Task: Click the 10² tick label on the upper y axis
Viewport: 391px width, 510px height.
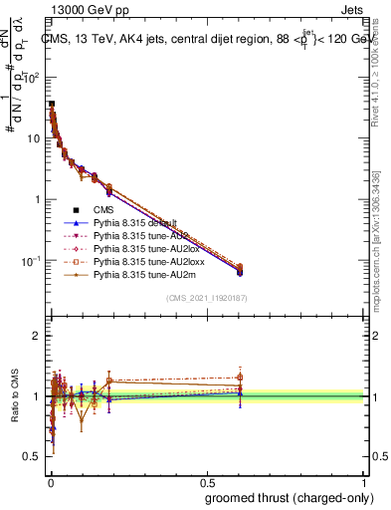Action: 33,77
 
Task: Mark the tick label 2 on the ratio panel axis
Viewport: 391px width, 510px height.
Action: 37,337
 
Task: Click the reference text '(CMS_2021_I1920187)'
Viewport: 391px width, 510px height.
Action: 208,297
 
